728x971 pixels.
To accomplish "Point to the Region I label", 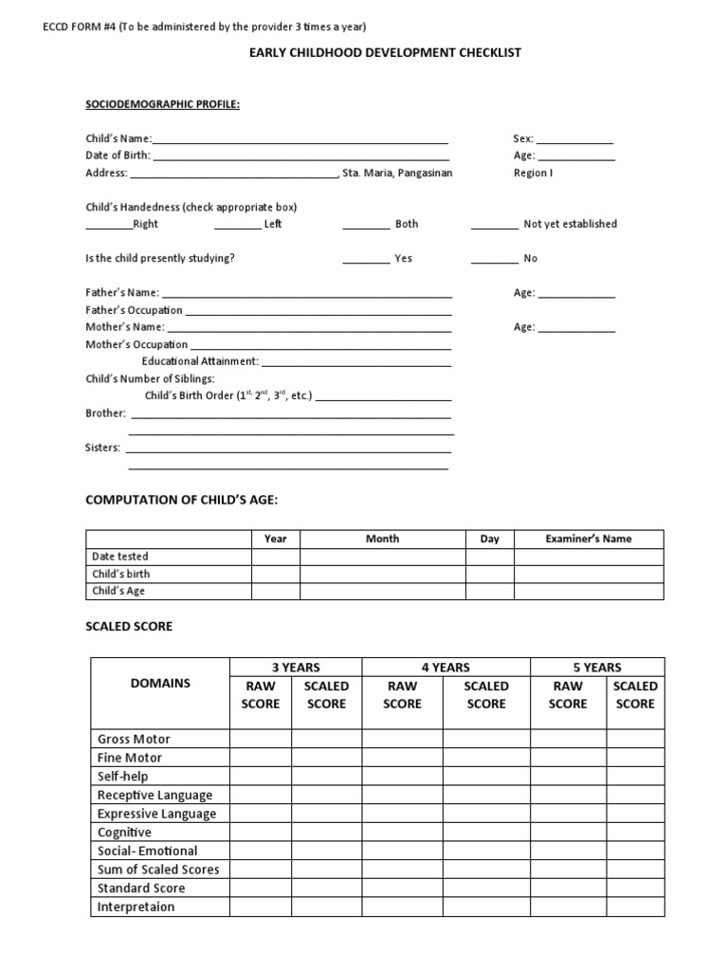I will click(533, 174).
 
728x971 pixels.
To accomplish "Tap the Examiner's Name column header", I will click(588, 539).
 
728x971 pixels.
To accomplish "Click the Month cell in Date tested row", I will click(382, 557).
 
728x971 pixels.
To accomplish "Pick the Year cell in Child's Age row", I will click(275, 591).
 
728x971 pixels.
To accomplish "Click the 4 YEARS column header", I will click(446, 668).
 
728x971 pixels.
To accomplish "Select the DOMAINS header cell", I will click(160, 684).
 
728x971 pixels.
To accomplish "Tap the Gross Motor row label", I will click(135, 739).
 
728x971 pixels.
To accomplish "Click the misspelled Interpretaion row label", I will click(136, 907).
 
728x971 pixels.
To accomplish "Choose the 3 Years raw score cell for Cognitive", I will click(261, 832).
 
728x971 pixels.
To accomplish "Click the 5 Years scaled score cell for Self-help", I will click(635, 776).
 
